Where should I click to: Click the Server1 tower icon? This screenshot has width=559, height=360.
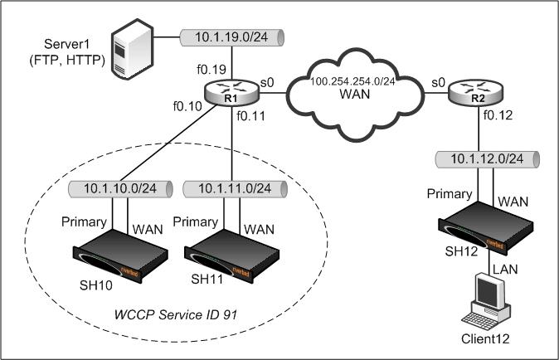(132, 49)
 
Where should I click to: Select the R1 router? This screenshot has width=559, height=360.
(231, 93)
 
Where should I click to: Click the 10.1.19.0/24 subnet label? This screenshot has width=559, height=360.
(231, 37)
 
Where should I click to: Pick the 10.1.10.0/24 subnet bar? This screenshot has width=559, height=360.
(120, 189)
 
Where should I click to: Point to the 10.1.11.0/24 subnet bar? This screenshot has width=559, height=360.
(235, 189)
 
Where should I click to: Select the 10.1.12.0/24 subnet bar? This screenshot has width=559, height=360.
(488, 159)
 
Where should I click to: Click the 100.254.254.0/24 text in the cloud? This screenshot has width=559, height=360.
(352, 81)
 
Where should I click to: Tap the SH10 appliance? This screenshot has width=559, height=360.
(120, 256)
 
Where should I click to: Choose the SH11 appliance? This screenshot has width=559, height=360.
(231, 256)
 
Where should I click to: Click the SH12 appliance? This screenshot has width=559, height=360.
(485, 228)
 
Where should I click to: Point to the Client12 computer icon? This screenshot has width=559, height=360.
(487, 303)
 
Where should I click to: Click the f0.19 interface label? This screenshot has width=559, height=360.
(211, 69)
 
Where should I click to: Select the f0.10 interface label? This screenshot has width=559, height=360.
(187, 106)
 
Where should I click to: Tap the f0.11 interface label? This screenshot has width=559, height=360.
(251, 116)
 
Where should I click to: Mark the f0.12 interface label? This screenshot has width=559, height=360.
(498, 115)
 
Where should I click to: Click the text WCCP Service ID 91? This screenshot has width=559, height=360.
(175, 314)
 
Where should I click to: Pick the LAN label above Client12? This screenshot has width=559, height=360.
(505, 269)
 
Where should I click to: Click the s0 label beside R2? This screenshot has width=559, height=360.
(439, 82)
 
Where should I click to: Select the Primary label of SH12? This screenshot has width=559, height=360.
(450, 194)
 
